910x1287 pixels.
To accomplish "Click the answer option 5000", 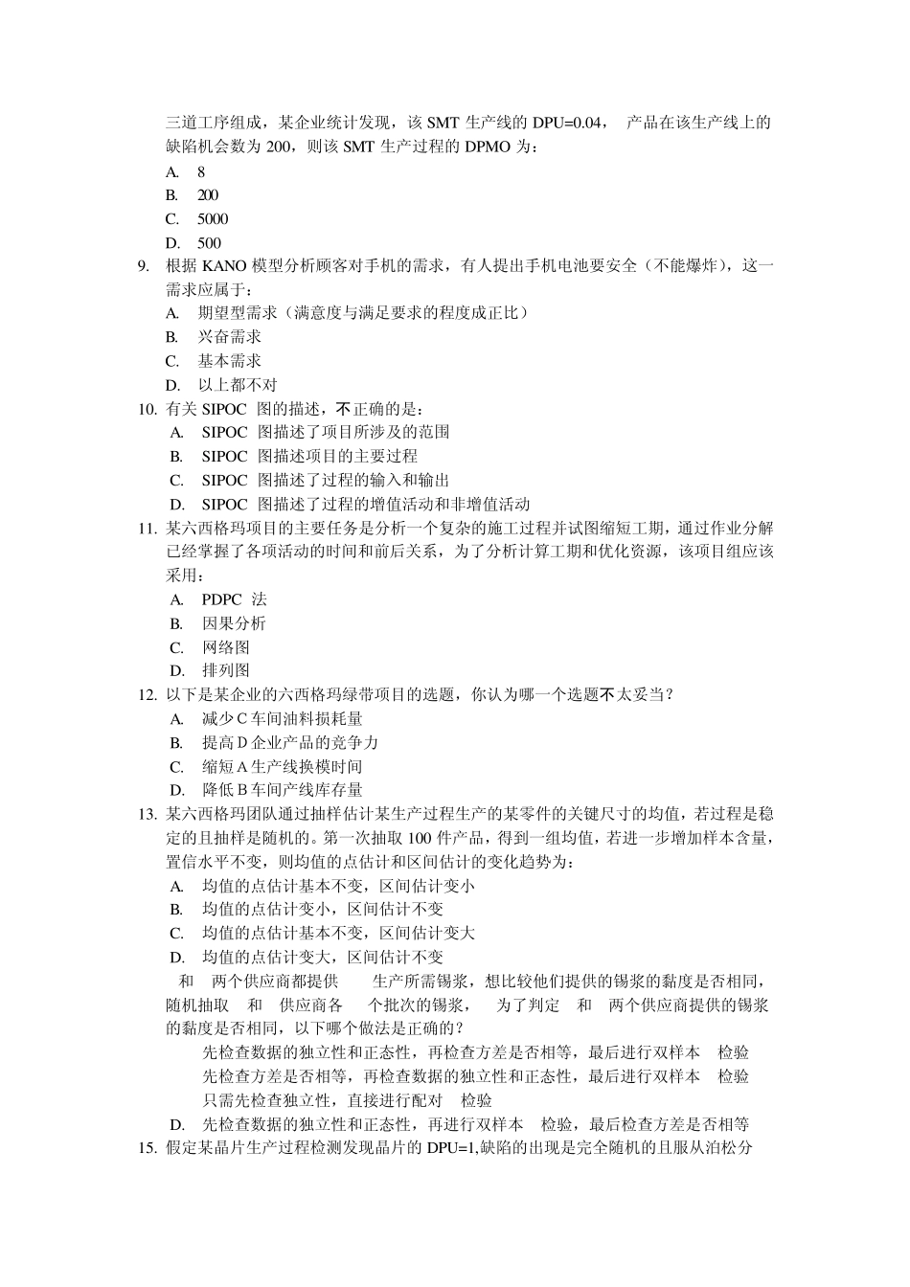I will [x=213, y=219].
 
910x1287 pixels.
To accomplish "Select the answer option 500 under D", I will [x=209, y=243].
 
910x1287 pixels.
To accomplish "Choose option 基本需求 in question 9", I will [x=229, y=361].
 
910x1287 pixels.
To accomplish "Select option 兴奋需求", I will [x=229, y=337].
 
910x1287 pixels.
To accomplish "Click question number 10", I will [x=147, y=409].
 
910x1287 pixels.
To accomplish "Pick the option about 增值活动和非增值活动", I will [x=365, y=504].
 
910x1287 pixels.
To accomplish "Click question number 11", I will [x=147, y=528].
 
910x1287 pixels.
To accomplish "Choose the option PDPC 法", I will [x=234, y=599].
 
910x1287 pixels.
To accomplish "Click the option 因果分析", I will [x=234, y=623].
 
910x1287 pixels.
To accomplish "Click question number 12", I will [x=147, y=694].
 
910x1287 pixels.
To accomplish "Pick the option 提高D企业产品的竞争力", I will [x=289, y=742].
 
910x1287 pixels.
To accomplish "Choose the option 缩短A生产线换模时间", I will [x=282, y=766].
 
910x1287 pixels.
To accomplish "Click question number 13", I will [x=147, y=814].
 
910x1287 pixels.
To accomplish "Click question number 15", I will [x=147, y=1148].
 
